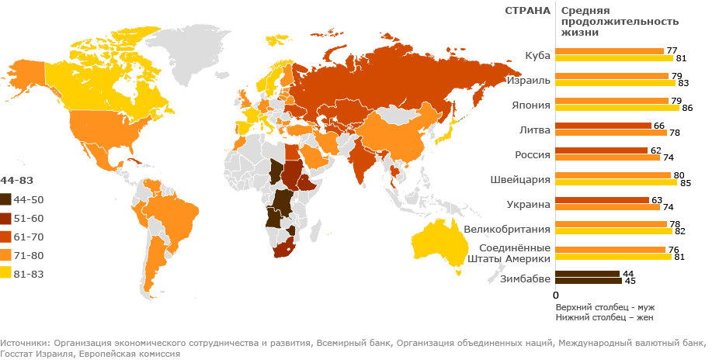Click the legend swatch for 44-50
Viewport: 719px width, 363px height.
point(6,200)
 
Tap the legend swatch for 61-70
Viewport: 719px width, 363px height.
point(6,236)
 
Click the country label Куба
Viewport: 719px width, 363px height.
point(537,56)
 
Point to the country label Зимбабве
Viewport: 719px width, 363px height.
point(526,278)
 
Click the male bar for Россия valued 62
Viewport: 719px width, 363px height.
point(602,150)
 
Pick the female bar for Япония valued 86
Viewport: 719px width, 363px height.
point(617,108)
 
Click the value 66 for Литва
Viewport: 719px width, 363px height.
point(658,126)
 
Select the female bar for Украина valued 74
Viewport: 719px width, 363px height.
point(608,207)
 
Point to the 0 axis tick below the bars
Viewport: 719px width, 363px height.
point(555,296)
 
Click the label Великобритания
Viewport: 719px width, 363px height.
point(507,230)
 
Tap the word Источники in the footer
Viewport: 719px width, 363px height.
point(23,342)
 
